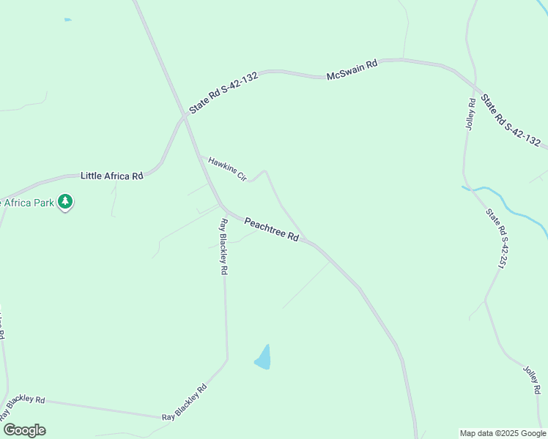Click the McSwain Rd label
click(352, 70)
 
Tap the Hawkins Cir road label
click(226, 168)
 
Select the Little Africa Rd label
click(111, 176)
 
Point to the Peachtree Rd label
click(272, 229)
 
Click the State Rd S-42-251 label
click(495, 238)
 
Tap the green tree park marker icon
click(65, 201)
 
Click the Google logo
click(24, 430)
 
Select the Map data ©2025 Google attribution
click(503, 433)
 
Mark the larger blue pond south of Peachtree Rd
click(263, 358)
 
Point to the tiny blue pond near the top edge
click(68, 20)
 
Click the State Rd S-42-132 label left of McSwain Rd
click(223, 92)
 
